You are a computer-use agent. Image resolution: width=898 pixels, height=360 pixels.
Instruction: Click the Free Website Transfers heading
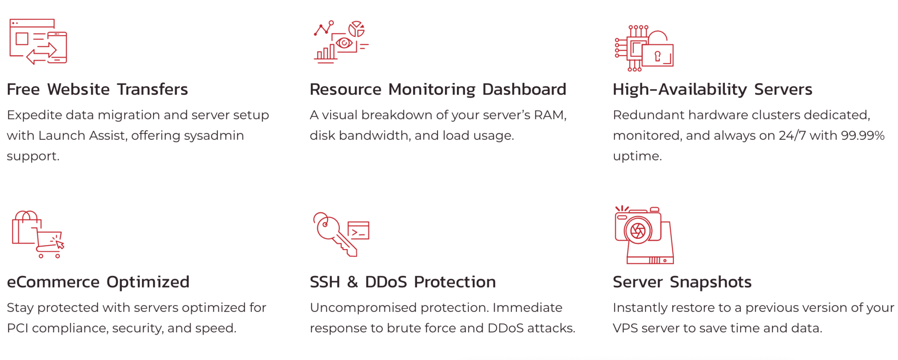pyautogui.click(x=97, y=89)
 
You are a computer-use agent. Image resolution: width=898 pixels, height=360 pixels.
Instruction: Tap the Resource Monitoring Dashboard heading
pyautogui.click(x=438, y=89)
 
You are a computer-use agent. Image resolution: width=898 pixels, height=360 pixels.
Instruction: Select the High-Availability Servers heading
pyautogui.click(x=712, y=89)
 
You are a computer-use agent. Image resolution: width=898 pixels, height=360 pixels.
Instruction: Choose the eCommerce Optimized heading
pyautogui.click(x=98, y=282)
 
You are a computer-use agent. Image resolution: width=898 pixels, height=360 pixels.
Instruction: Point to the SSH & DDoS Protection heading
pyautogui.click(x=403, y=282)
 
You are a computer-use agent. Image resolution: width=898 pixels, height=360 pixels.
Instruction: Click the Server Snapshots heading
pyautogui.click(x=682, y=282)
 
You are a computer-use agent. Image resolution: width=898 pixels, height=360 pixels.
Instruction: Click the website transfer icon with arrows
pyautogui.click(x=38, y=42)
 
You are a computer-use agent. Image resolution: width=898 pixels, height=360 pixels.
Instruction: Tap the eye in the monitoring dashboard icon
pyautogui.click(x=344, y=43)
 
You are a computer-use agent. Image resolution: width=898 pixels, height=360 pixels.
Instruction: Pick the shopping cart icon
pyautogui.click(x=48, y=243)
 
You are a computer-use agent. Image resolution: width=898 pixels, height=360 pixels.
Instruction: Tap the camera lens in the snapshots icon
pyautogui.click(x=638, y=231)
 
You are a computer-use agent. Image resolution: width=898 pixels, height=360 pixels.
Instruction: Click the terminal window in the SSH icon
pyautogui.click(x=358, y=231)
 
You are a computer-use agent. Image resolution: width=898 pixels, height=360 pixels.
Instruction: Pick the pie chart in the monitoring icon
pyautogui.click(x=356, y=29)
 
